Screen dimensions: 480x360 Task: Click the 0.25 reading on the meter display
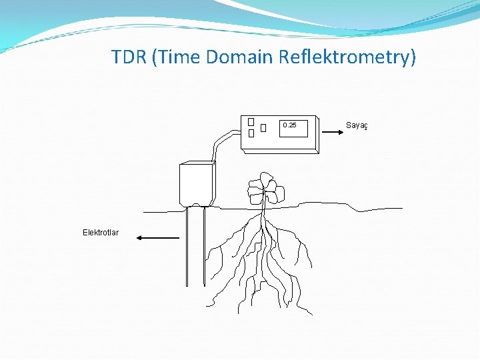pyautogui.click(x=289, y=125)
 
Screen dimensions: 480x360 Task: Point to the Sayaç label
pyautogui.click(x=358, y=125)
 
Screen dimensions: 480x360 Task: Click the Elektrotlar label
pyautogui.click(x=101, y=233)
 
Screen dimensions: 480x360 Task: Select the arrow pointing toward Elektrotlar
pyautogui.click(x=157, y=237)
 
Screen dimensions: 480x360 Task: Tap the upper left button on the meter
pyautogui.click(x=251, y=122)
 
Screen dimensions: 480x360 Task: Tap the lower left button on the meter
pyautogui.click(x=251, y=133)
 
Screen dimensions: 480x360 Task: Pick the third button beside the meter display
pyautogui.click(x=264, y=127)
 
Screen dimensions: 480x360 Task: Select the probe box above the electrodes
pyautogui.click(x=196, y=183)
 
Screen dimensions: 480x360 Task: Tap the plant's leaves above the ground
pyautogui.click(x=265, y=189)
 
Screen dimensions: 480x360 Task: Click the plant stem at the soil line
pyautogui.click(x=264, y=208)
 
